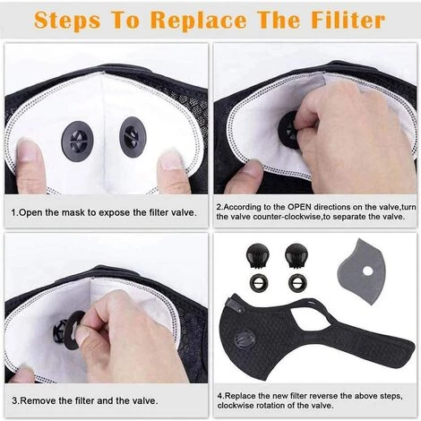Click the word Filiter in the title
point(348,21)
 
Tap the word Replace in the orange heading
point(199,21)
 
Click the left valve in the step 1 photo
point(77,140)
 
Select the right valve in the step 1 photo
point(133,137)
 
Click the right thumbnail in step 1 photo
point(171,161)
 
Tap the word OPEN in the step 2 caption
point(300,207)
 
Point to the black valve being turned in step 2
point(288,131)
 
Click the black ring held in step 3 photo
point(73,330)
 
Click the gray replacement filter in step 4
point(362,271)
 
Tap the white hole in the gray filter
point(368,271)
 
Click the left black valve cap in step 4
point(258,255)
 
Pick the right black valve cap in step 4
point(296,255)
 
